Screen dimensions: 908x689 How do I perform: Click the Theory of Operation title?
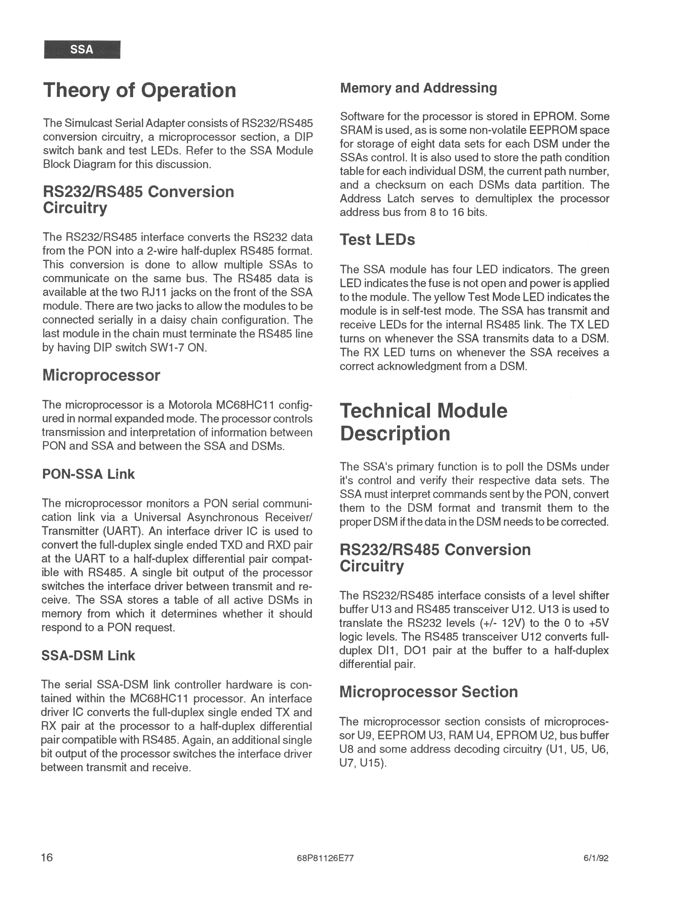point(140,90)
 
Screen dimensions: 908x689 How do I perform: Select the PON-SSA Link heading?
point(88,474)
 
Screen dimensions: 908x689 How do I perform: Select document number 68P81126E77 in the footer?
point(325,858)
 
